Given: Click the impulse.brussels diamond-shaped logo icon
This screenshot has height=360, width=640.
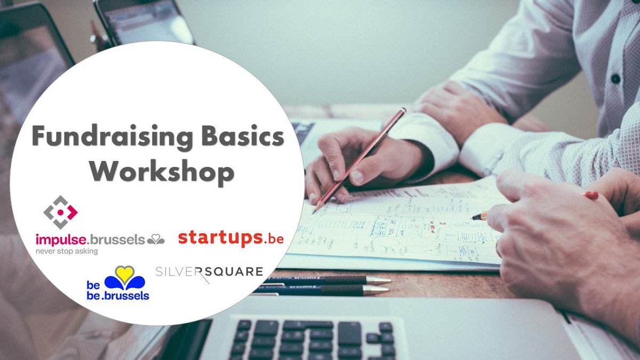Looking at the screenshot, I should [60, 212].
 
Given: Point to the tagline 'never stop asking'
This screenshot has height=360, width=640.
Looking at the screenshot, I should [67, 251].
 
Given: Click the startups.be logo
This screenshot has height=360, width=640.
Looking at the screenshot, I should [230, 238].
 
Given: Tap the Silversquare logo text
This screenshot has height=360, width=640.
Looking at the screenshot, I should [209, 272].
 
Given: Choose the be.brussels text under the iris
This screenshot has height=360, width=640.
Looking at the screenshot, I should [118, 295].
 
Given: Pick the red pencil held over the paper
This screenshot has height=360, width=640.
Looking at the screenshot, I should [363, 157].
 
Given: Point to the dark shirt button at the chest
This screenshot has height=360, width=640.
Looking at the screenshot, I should [615, 78].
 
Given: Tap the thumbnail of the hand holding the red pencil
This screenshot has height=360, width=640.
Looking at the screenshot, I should [356, 177].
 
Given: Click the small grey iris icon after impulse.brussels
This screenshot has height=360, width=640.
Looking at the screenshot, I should [156, 240].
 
